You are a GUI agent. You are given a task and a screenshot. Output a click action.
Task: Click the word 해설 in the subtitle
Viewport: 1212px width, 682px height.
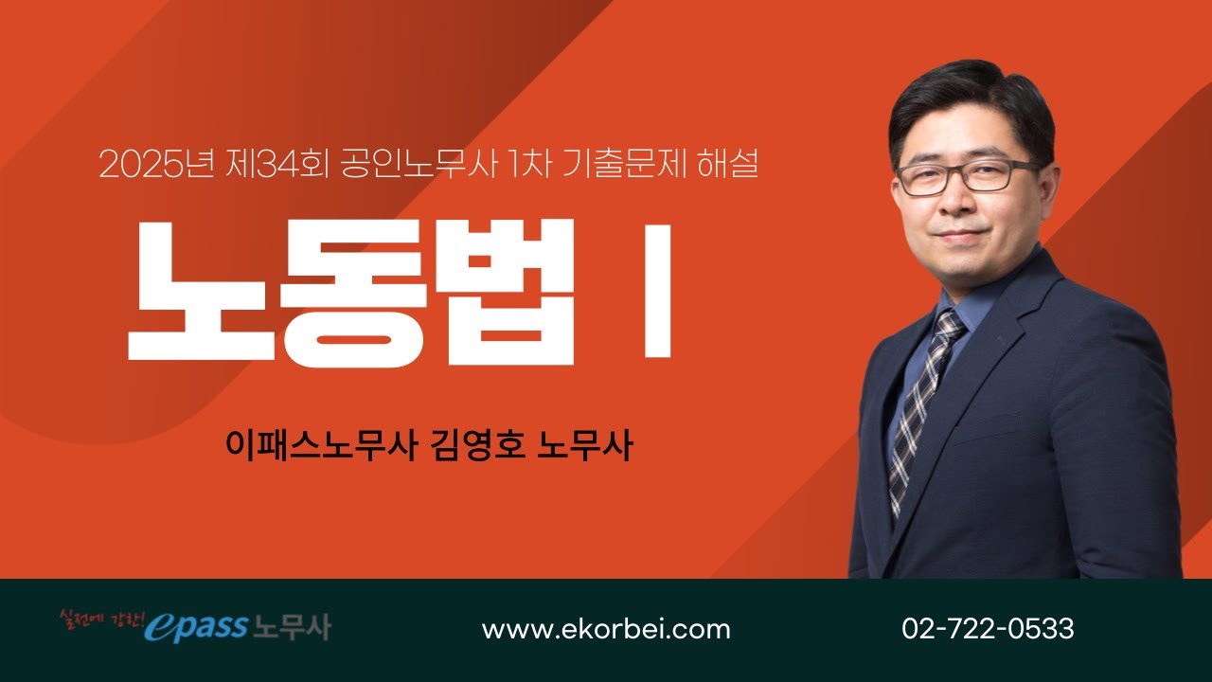(x=725, y=166)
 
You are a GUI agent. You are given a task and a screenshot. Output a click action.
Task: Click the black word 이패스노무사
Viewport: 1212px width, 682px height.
(x=322, y=445)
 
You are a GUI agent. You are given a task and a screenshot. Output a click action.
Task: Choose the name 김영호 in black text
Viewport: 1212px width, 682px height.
(x=476, y=445)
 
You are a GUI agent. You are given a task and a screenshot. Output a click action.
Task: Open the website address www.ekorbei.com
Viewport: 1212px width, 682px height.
(x=606, y=629)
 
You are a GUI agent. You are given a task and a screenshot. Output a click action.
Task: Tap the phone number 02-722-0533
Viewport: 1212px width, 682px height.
(x=988, y=629)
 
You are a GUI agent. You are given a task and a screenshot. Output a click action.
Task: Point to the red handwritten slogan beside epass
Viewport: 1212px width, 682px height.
(x=100, y=621)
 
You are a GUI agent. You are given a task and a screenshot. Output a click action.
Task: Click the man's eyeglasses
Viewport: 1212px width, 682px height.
(x=966, y=176)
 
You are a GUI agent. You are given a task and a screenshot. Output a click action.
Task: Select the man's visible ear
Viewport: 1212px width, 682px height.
(x=1044, y=189)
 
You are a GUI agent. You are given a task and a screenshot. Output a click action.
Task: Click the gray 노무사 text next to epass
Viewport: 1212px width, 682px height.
(x=292, y=627)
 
